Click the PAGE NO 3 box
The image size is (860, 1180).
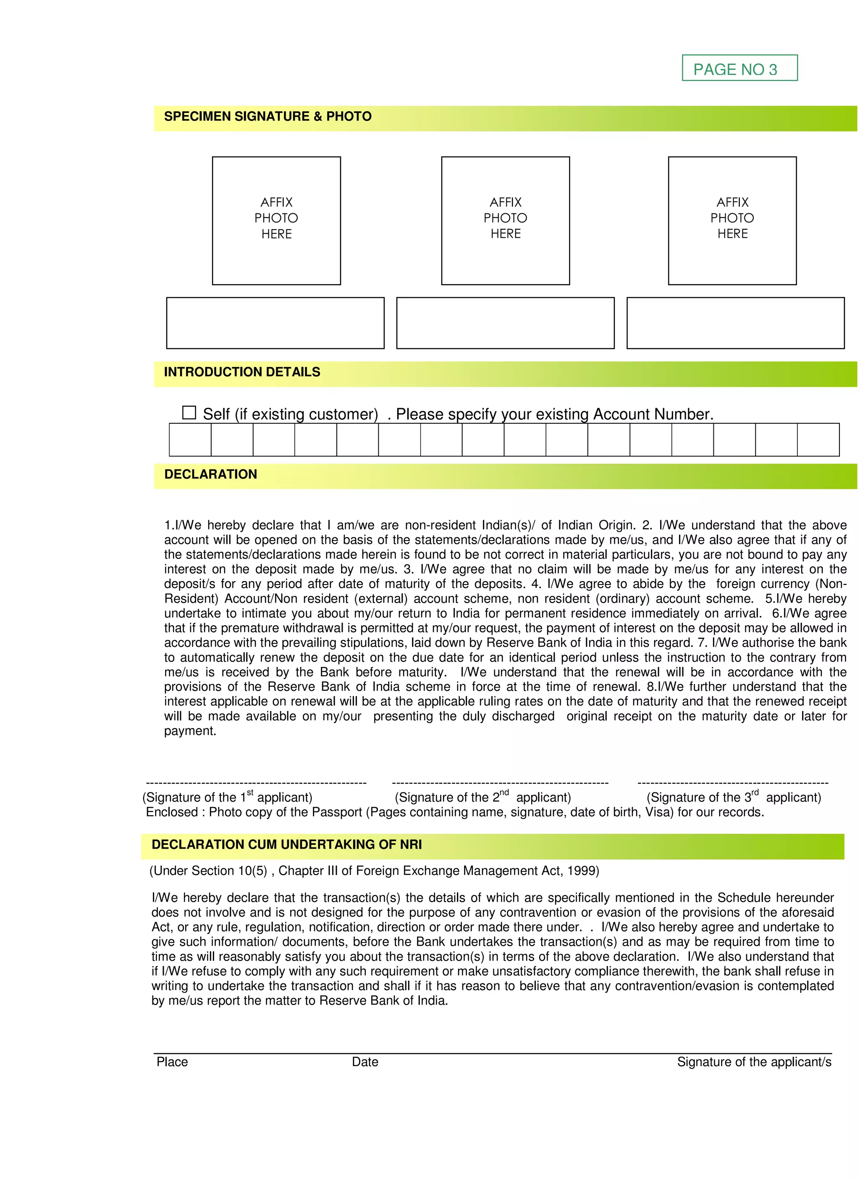(739, 68)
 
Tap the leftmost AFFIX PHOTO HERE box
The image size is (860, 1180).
(276, 221)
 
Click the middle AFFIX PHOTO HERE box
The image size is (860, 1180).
(505, 221)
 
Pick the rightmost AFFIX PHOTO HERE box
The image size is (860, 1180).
(732, 221)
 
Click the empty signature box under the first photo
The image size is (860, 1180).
(275, 323)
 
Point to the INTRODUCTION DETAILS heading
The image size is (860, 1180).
(242, 372)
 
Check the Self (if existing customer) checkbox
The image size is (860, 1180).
(189, 413)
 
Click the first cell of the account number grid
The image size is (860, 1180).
(190, 440)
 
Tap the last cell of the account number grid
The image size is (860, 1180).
(818, 440)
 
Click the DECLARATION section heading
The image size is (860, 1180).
(210, 474)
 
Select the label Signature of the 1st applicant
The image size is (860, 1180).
(228, 797)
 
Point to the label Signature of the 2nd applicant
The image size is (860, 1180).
(482, 797)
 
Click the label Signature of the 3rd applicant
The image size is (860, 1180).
(734, 797)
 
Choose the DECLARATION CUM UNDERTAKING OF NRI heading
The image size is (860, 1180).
(286, 844)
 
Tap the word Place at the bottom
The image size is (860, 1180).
(172, 1062)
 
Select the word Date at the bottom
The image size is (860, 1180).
(365, 1062)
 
